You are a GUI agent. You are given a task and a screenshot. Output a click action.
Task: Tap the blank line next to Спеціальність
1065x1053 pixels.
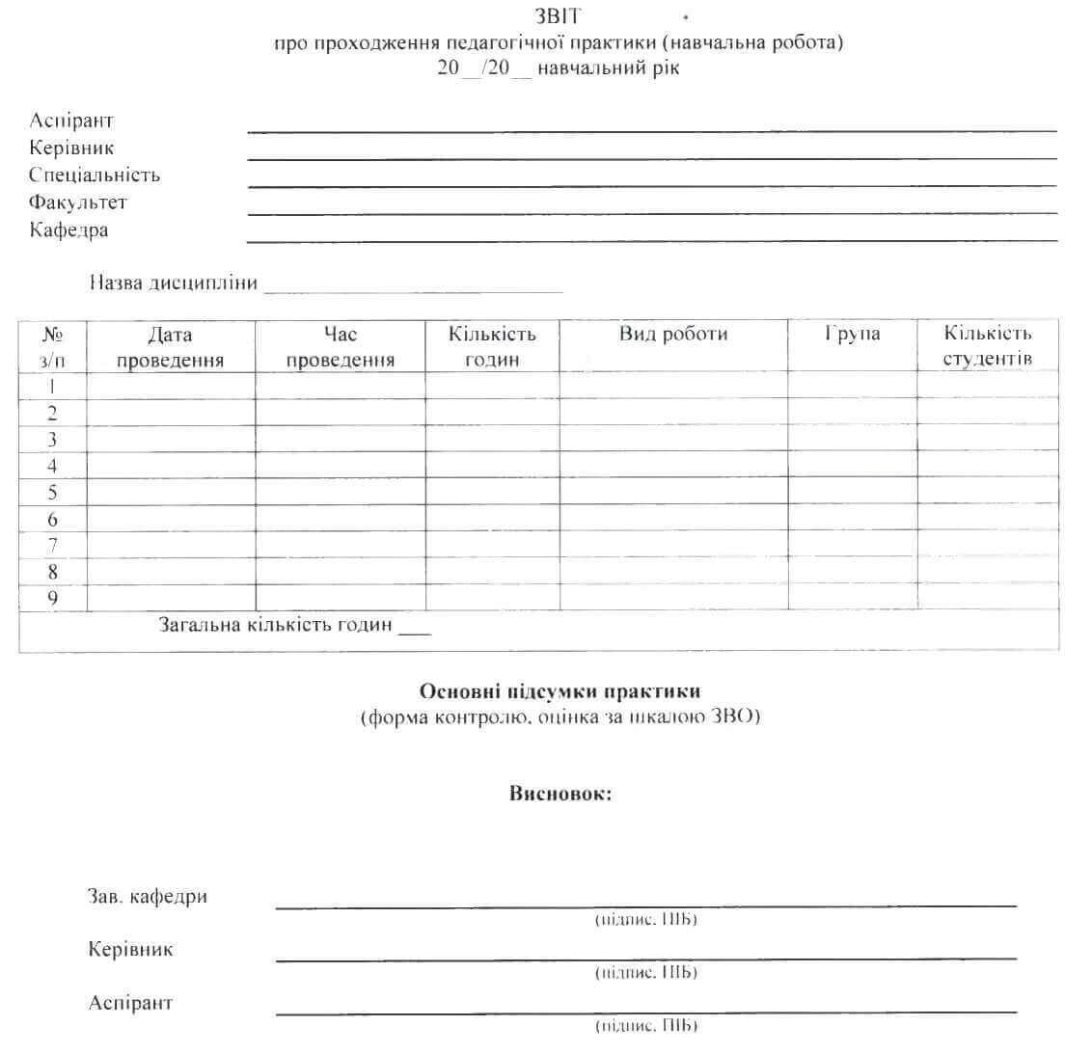pyautogui.click(x=651, y=185)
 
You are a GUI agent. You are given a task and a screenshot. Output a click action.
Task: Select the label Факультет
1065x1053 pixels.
pyautogui.click(x=78, y=202)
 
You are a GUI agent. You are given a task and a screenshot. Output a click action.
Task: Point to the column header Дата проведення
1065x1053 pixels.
pyautogui.click(x=170, y=348)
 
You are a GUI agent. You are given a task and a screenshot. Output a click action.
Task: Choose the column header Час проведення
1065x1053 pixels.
pyautogui.click(x=341, y=348)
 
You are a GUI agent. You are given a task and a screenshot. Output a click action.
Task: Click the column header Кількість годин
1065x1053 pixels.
pyautogui.click(x=492, y=348)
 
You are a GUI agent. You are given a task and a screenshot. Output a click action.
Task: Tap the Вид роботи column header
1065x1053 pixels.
pyautogui.click(x=673, y=336)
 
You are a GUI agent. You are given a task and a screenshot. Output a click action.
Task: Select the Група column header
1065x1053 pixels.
pyautogui.click(x=852, y=336)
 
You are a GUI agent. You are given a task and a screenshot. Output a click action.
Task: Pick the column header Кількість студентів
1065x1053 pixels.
pyautogui.click(x=988, y=348)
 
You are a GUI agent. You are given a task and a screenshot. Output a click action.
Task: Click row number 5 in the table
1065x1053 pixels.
pyautogui.click(x=53, y=492)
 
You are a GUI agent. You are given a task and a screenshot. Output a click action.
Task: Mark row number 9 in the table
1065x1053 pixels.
pyautogui.click(x=53, y=598)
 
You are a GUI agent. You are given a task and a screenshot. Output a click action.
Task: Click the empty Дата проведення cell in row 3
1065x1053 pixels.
pyautogui.click(x=171, y=439)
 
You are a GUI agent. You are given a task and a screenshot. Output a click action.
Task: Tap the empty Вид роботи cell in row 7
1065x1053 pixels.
pyautogui.click(x=673, y=545)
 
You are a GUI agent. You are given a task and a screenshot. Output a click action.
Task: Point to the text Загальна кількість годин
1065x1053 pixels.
pyautogui.click(x=276, y=626)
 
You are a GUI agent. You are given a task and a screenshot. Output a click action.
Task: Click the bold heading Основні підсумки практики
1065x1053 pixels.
pyautogui.click(x=560, y=691)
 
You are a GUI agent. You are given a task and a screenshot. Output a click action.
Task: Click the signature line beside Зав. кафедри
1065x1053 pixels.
pyautogui.click(x=645, y=905)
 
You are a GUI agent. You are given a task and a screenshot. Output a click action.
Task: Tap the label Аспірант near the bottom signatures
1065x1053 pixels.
pyautogui.click(x=130, y=1003)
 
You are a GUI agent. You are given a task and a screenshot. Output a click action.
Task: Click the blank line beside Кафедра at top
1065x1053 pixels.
pyautogui.click(x=651, y=240)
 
